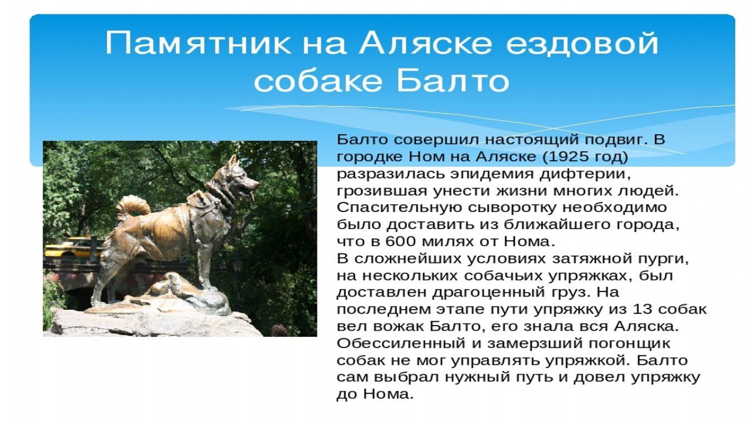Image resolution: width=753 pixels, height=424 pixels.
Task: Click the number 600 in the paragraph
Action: [x=400, y=241]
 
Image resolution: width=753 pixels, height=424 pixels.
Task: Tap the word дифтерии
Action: [x=594, y=174]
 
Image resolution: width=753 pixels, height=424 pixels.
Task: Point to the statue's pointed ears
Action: [x=232, y=161]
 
